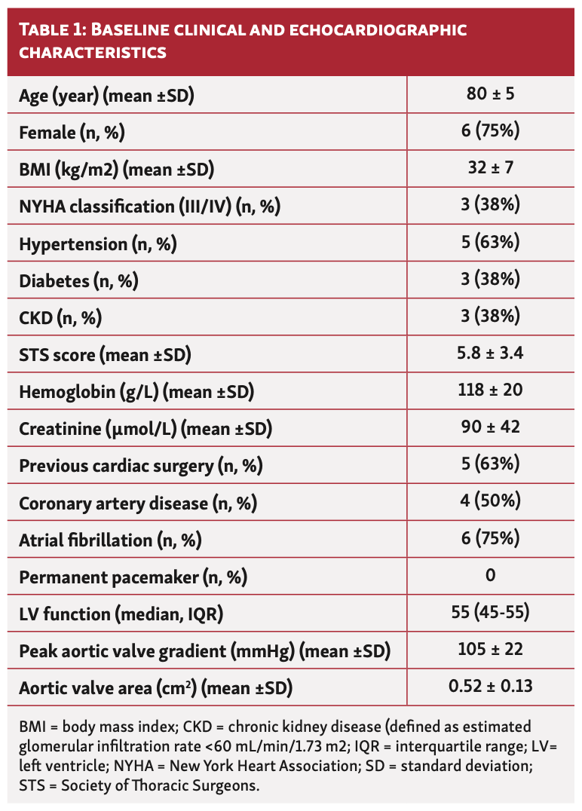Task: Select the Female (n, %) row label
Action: coord(72,132)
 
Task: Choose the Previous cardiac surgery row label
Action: coord(140,466)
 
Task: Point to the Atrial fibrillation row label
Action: coord(110,540)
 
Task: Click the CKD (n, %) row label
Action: coord(60,317)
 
